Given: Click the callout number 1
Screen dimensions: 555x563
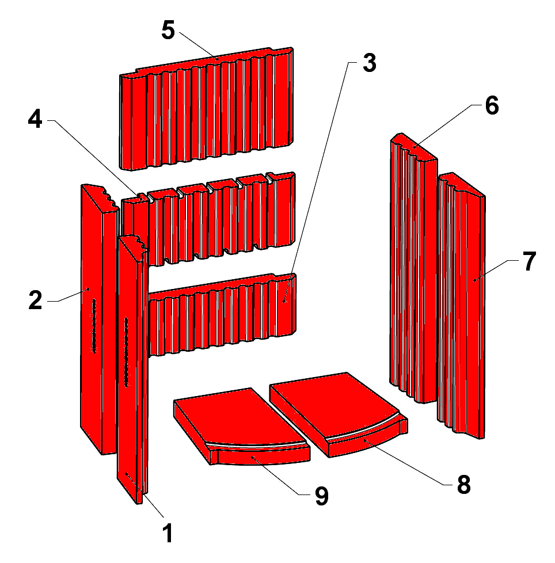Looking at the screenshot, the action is pyautogui.click(x=168, y=533).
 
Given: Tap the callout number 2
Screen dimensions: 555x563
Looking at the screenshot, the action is pyautogui.click(x=35, y=300).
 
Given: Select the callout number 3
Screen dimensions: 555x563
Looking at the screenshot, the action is pyautogui.click(x=369, y=63).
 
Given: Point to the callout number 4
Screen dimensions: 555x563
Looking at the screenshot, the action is pyautogui.click(x=35, y=119).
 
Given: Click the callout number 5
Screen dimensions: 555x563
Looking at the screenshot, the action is pyautogui.click(x=168, y=30).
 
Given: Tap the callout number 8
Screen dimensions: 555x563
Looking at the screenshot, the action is pyautogui.click(x=464, y=485).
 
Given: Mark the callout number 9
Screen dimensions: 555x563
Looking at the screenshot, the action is pyautogui.click(x=322, y=496).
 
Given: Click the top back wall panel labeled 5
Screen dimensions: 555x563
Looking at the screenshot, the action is pyautogui.click(x=206, y=108).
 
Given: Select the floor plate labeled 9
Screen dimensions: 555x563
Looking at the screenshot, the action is pyautogui.click(x=242, y=426).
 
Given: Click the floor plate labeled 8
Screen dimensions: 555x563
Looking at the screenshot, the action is pyautogui.click(x=339, y=414).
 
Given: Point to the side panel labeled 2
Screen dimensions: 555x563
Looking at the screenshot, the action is pyautogui.click(x=98, y=319).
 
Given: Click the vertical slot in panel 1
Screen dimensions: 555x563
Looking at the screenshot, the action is pyautogui.click(x=126, y=352).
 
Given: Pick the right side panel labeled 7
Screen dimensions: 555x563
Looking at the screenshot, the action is pyautogui.click(x=461, y=305).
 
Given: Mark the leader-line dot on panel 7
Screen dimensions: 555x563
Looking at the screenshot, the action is pyautogui.click(x=474, y=280).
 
